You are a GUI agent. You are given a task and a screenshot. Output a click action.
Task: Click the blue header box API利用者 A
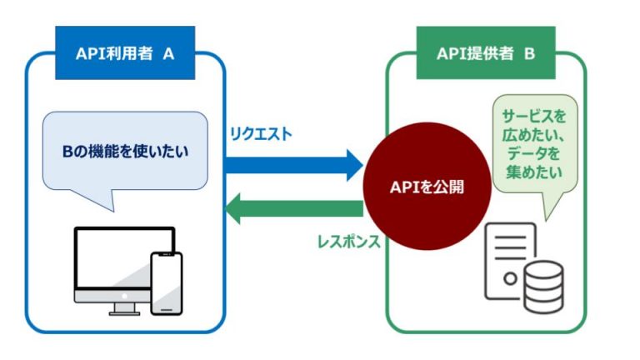124,53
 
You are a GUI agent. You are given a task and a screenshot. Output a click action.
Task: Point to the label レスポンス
348,242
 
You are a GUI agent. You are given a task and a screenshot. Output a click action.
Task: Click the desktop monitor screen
117,258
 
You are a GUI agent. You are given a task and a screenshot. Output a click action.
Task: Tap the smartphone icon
166,283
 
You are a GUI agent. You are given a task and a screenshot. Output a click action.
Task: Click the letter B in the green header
528,53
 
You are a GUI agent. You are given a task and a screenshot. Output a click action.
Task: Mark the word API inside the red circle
405,187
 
